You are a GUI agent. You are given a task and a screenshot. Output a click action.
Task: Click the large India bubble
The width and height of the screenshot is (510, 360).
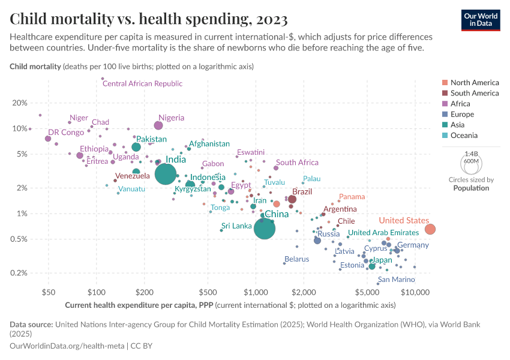coord(166,174)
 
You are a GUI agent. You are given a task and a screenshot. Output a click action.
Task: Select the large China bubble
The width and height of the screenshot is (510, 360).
coord(265,228)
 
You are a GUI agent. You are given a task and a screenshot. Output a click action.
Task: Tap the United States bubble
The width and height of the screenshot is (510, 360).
coord(430,229)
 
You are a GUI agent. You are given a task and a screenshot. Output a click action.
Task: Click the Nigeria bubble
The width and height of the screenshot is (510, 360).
coord(158,125)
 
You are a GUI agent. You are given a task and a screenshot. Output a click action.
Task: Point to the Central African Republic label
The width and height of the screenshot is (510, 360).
coord(142,84)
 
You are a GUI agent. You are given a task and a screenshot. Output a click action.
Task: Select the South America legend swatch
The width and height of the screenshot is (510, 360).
coord(444,93)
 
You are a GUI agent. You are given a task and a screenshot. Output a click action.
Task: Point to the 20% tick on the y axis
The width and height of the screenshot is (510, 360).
coord(20,103)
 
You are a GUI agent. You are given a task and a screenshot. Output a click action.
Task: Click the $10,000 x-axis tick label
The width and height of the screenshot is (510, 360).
coord(415,292)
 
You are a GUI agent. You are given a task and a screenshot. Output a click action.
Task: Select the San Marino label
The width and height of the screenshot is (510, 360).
coord(395,280)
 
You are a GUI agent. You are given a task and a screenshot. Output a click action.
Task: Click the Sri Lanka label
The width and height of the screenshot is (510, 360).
coord(236,226)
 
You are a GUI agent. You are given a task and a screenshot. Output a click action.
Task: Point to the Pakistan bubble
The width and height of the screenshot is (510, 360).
coord(136,147)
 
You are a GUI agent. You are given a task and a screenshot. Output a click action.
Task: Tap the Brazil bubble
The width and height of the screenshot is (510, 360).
coord(292,199)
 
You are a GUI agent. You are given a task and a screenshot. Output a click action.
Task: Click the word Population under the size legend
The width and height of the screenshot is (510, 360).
coord(471,188)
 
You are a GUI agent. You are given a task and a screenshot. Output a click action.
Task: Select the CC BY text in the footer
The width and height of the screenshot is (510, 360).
coord(142,346)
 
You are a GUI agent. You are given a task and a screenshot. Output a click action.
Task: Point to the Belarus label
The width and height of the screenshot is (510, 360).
coord(296,259)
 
